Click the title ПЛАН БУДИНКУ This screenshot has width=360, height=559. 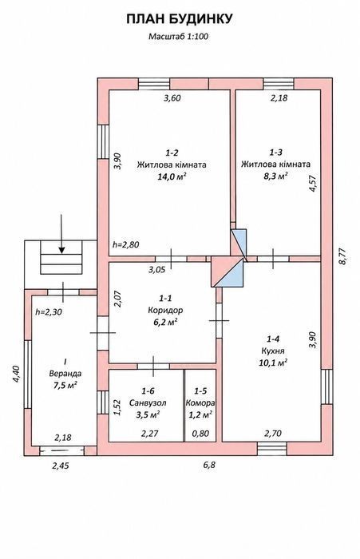coord(180,19)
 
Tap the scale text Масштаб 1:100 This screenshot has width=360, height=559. coord(178,36)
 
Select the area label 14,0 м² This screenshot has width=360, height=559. coord(172,176)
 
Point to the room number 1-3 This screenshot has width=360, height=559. coord(275,153)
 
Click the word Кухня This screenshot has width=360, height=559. coord(273,351)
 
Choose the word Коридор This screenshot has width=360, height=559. coord(165,310)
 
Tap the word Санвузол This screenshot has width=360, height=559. coord(148,403)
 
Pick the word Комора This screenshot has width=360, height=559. coord(200,403)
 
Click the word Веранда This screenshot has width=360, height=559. coord(65,374)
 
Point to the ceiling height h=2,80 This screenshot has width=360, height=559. coord(126,245)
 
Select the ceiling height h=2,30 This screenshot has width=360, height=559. coord(49,312)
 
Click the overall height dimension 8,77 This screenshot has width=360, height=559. coord(342,256)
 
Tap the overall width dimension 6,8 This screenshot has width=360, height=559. coord(210,465)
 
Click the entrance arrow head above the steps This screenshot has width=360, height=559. coord(61,250)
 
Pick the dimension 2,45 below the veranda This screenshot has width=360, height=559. coord(61,466)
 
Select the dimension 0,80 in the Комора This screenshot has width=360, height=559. coord(200,434)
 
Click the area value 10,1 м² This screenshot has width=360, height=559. coord(273,363)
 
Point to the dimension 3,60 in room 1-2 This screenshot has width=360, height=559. coord(172,98)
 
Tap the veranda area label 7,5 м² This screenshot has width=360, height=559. coord(65,386)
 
